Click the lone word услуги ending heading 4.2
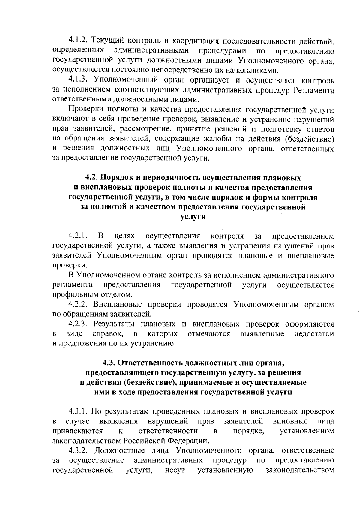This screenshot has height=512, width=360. point(193,217)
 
